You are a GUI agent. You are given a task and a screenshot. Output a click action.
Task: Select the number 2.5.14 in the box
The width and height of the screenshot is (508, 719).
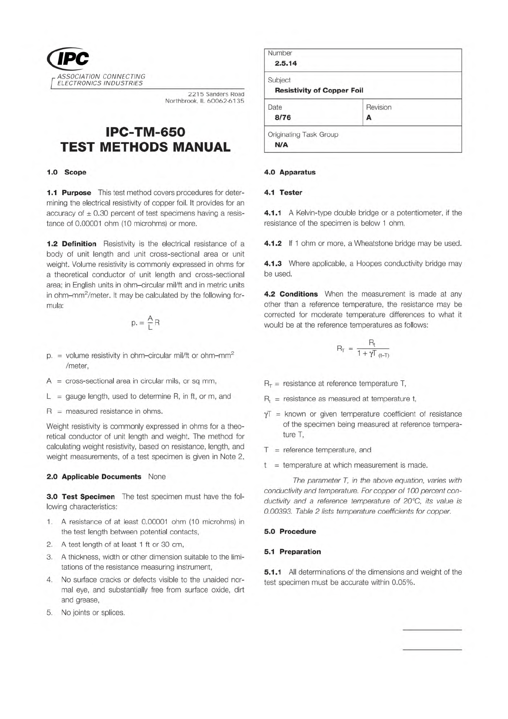coord(286,64)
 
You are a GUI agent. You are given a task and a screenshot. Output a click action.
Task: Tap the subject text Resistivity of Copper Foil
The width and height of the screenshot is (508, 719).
coord(319,91)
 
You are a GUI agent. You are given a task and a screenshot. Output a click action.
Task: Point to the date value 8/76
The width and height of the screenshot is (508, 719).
coord(283,118)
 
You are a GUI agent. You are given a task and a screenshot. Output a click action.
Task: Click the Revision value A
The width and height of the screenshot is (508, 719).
coord(369,118)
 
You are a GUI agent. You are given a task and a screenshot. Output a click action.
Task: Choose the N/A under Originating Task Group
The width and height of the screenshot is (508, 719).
coord(282,145)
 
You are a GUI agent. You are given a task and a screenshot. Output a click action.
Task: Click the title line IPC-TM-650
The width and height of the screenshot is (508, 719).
coord(145,132)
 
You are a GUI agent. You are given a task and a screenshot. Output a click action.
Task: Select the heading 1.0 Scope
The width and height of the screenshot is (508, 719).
coord(67,172)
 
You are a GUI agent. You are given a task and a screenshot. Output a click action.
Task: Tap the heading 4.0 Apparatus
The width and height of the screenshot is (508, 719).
coord(290,172)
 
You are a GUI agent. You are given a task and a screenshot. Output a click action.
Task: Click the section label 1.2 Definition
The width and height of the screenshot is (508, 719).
coord(71,244)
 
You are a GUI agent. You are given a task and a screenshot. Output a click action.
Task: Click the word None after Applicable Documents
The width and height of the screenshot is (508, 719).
coord(157,476)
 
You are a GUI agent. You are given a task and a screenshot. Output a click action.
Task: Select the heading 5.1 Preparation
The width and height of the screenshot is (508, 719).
coord(292,552)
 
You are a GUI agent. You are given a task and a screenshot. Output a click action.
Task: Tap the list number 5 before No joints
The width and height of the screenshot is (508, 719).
coord(49,613)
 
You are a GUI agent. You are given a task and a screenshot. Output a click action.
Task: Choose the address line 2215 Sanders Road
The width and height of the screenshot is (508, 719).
coord(216,94)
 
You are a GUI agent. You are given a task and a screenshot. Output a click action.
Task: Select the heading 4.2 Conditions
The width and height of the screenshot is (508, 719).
coord(291,294)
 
